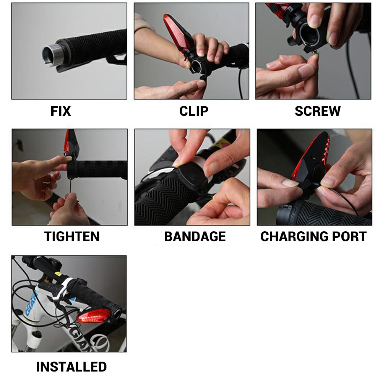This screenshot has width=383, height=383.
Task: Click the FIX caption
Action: point(61,111)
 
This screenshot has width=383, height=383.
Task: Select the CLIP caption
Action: point(194,111)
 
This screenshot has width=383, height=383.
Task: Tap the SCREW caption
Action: point(317,111)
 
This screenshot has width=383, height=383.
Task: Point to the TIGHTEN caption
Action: point(72,237)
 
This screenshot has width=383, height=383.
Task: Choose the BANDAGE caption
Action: point(195,237)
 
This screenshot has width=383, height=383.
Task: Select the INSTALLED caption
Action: point(71,367)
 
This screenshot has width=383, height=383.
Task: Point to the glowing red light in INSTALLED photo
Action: point(92,317)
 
